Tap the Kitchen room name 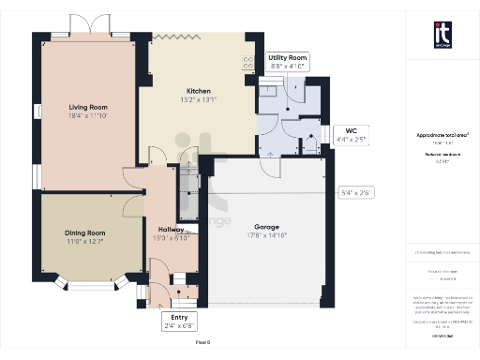tap(199, 92)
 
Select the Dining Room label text tap(84, 232)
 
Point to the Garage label tap(267, 227)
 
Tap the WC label tap(351, 130)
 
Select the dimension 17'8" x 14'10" tap(267, 235)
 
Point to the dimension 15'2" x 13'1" tap(199, 100)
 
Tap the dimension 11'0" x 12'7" tap(84, 241)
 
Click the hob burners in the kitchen tap(248, 64)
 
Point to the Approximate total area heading tap(442, 135)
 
